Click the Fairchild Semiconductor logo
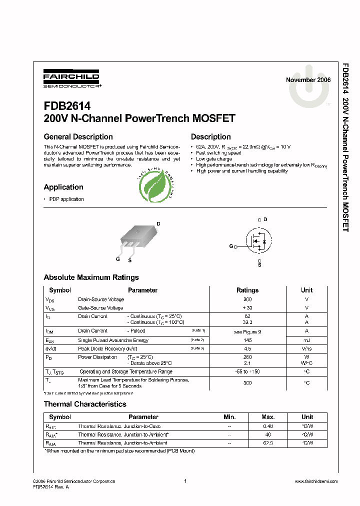tap(71, 78)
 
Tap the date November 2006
tap(308, 80)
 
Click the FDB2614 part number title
tap(67, 106)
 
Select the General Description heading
tap(78, 137)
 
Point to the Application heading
tap(63, 187)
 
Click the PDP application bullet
tap(66, 199)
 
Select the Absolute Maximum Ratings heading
tap(91, 277)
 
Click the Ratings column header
tap(247, 290)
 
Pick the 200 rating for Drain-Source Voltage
tap(247, 299)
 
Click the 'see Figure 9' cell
tap(247, 331)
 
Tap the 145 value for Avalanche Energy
tap(247, 340)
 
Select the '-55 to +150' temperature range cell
tap(247, 371)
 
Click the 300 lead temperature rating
tap(247, 382)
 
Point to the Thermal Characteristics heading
tap(85, 404)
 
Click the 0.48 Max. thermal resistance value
tap(268, 426)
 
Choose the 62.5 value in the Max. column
tap(268, 443)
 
